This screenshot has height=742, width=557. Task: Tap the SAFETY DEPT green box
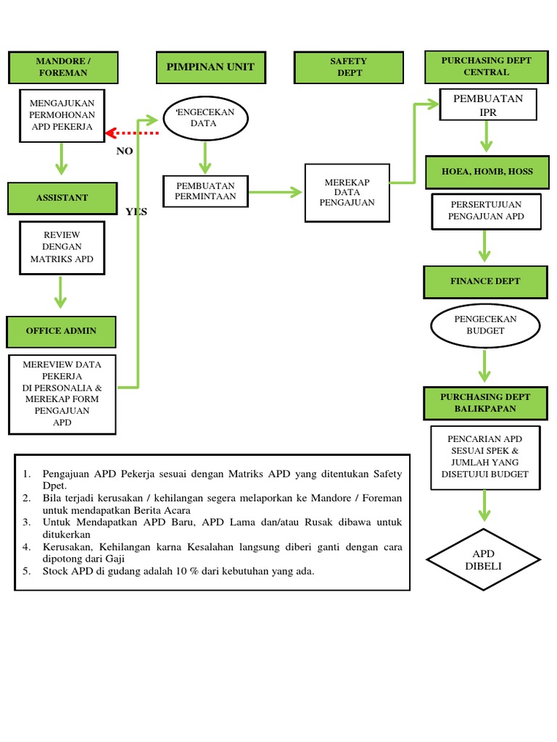pos(348,67)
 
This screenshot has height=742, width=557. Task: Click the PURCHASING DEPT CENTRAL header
pos(486,67)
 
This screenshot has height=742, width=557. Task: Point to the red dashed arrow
pos(132,133)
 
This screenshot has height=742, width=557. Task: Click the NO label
pos(125,151)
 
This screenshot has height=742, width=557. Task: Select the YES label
pos(136,212)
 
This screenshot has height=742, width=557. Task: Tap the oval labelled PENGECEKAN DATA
pos(206,118)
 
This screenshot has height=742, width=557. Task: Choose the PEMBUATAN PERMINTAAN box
pos(205,191)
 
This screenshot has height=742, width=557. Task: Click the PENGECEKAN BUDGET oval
pos(485,325)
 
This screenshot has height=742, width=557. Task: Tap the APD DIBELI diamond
pos(483,559)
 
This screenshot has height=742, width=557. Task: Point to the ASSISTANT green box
pos(62,198)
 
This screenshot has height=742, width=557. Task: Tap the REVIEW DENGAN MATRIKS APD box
pos(62,247)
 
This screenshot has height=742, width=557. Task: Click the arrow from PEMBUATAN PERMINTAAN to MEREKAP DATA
pos(275,192)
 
